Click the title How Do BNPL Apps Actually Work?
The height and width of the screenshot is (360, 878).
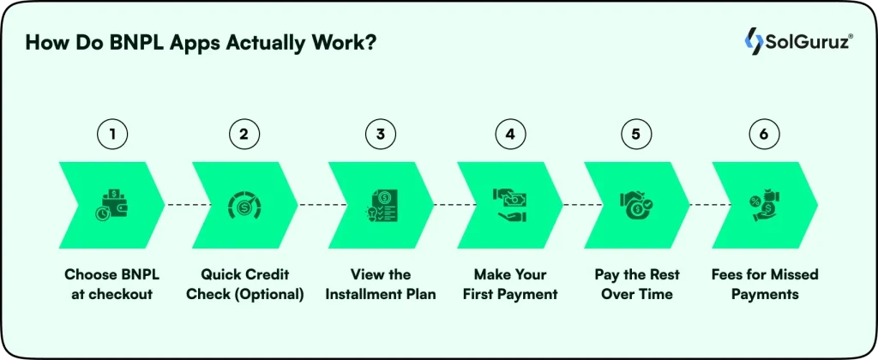tap(200, 44)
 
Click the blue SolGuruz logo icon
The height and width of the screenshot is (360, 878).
tap(755, 40)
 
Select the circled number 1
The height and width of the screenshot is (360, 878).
tap(111, 135)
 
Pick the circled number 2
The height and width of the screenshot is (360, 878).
tap(244, 135)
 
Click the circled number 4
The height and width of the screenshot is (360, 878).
tap(509, 135)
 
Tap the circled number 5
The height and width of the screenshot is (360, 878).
tap(636, 135)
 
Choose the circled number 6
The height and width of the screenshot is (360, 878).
tap(764, 135)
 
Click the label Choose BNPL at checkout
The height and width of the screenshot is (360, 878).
tap(111, 285)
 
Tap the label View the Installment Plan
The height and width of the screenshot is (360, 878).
tap(381, 285)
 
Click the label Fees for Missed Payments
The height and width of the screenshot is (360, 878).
tap(765, 285)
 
